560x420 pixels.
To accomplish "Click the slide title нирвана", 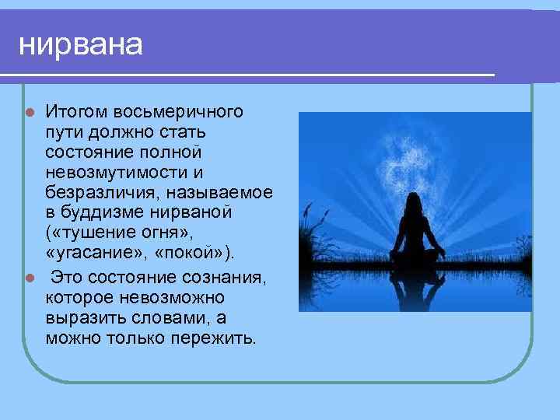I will [81, 45].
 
